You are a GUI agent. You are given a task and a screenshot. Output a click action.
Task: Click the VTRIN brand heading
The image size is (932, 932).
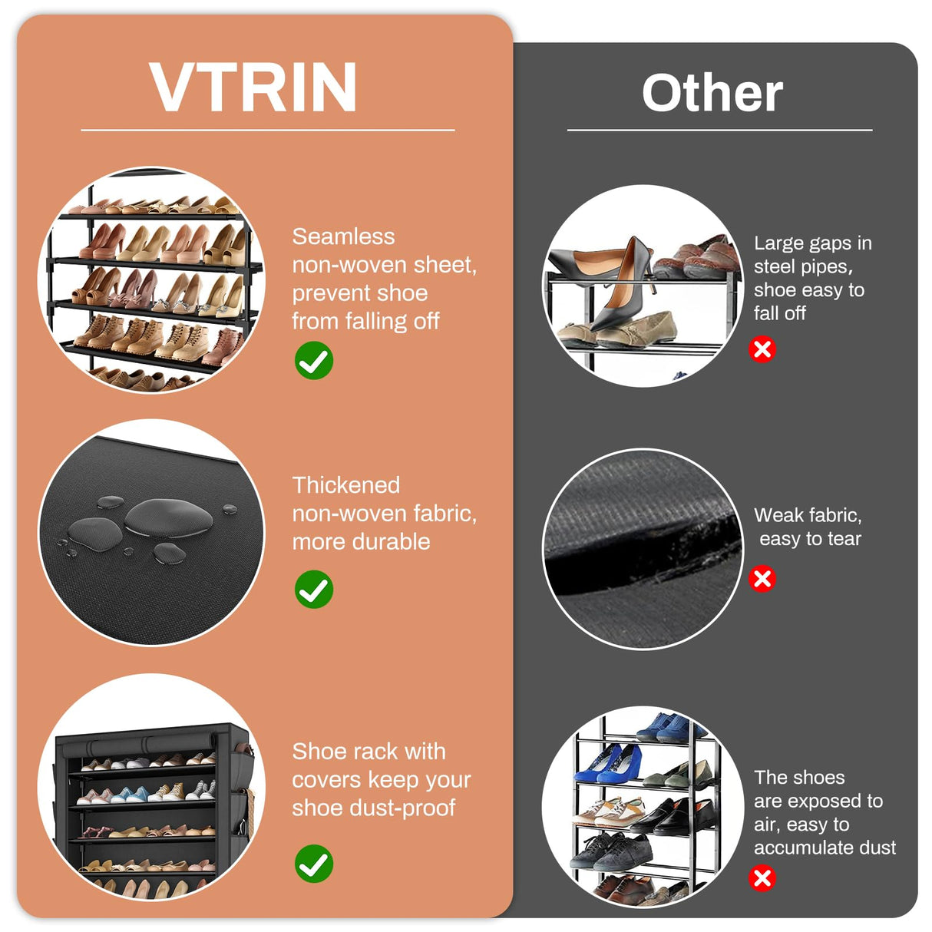[x=253, y=88]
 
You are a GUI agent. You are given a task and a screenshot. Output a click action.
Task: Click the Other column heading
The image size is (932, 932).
[x=712, y=94]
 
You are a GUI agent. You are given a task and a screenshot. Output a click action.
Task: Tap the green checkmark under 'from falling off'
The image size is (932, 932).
[x=313, y=361]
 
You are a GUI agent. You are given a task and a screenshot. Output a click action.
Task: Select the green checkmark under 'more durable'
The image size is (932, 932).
[x=313, y=590]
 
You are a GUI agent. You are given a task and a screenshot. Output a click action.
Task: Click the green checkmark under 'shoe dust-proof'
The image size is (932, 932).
[x=313, y=864]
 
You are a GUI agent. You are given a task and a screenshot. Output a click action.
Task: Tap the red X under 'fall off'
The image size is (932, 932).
[x=762, y=349]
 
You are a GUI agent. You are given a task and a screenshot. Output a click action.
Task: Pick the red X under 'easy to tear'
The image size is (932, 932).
[x=762, y=578]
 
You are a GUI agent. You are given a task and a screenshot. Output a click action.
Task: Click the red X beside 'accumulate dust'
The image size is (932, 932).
[x=762, y=877]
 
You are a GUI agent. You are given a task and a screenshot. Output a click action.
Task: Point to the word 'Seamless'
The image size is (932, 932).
[x=343, y=236]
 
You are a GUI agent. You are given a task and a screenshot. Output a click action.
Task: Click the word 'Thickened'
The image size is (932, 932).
[x=345, y=485]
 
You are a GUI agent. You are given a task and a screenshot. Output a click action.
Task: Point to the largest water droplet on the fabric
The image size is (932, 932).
[x=168, y=517]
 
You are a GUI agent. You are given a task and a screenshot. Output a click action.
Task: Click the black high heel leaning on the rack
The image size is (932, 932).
[x=622, y=292]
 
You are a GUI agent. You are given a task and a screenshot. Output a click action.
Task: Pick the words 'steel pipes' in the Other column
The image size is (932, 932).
[x=802, y=266]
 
